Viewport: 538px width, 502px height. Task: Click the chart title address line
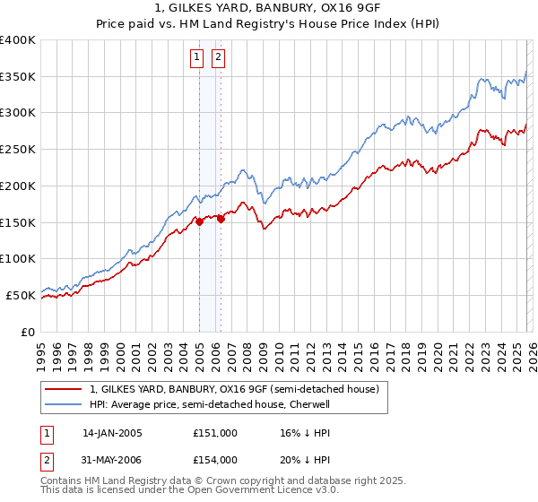pos(269,9)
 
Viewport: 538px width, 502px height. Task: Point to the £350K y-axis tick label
pos(18,77)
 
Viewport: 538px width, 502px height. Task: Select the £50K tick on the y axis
pos(21,295)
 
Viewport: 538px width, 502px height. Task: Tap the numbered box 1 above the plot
pos(196,58)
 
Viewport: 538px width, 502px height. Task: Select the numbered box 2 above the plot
pos(218,58)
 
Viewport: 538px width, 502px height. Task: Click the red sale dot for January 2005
pos(199,222)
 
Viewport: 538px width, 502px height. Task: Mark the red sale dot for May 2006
pos(221,220)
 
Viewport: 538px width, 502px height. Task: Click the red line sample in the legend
pos(64,390)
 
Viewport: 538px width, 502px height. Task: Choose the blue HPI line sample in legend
pos(64,404)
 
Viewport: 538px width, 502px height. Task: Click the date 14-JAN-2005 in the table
pos(112,433)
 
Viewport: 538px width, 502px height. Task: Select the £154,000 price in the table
pos(214,460)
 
